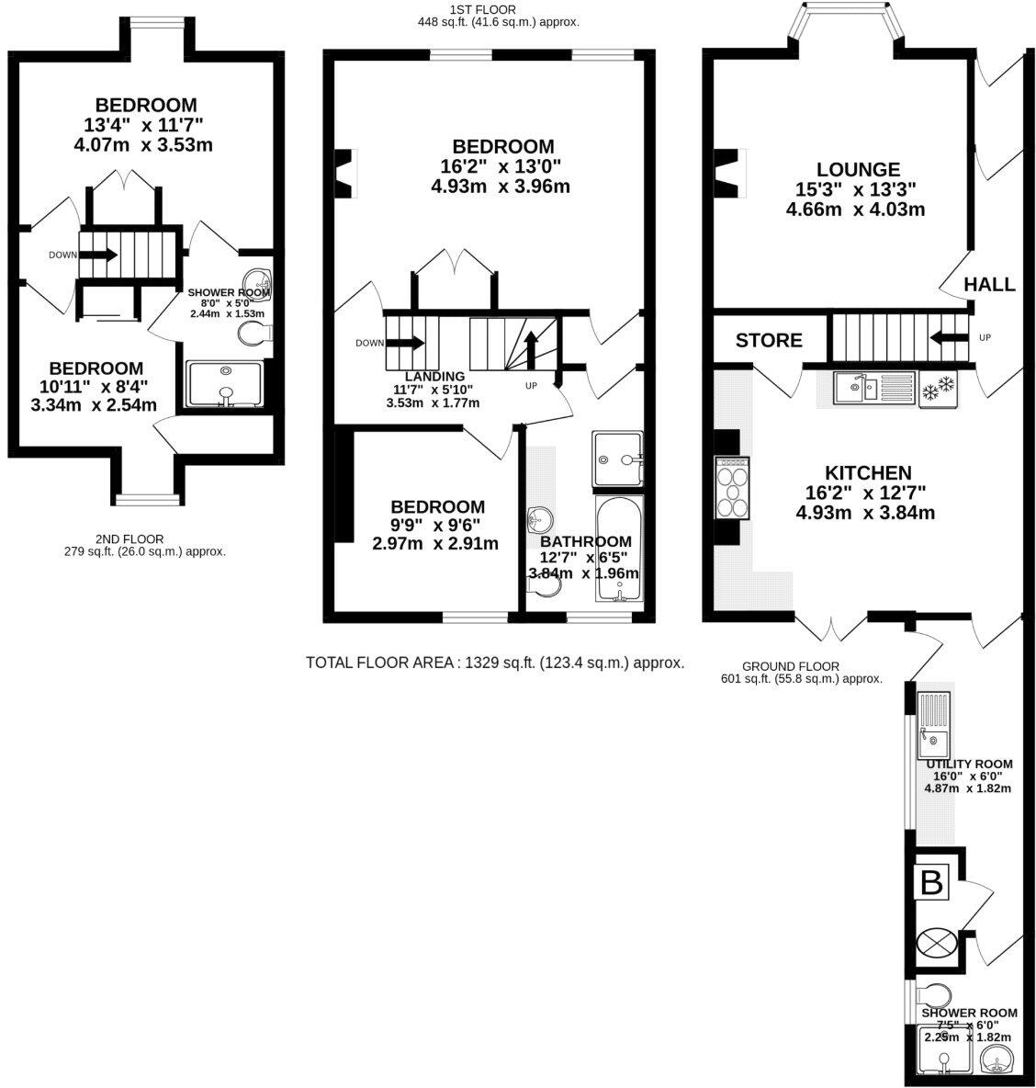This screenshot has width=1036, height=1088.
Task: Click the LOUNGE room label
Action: click(858, 170)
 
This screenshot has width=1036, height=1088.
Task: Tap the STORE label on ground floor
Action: click(769, 341)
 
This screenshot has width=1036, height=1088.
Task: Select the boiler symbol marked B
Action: click(931, 884)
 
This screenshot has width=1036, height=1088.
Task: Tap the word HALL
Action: click(989, 285)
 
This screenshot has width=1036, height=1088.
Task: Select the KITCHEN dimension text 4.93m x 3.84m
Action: click(865, 513)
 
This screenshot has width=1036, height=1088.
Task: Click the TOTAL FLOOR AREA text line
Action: click(494, 662)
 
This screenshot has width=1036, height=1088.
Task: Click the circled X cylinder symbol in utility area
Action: click(936, 943)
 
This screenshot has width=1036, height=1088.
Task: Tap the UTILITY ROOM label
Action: click(969, 764)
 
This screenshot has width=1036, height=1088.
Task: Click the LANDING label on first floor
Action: click(439, 376)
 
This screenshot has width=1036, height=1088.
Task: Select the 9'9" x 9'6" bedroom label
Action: click(437, 506)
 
